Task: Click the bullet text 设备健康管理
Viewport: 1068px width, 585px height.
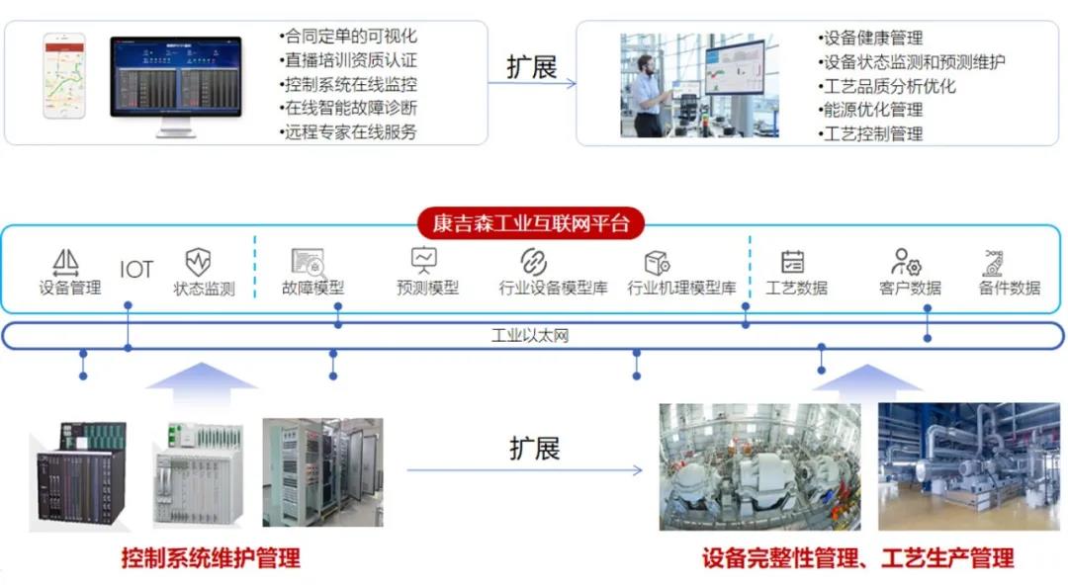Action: [x=871, y=38]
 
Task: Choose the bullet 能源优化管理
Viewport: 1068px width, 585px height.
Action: [x=871, y=109]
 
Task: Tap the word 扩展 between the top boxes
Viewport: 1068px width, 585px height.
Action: [x=532, y=67]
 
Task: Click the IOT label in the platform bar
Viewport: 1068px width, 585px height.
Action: [x=136, y=269]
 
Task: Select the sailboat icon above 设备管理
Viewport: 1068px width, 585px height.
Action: [x=66, y=262]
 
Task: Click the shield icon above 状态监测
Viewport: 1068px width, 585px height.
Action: [x=199, y=262]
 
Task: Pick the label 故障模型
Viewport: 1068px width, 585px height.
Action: [x=312, y=289]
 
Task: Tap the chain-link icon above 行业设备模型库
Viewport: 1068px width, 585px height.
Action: [x=534, y=262]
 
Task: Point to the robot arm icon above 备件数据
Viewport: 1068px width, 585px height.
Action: [x=993, y=262]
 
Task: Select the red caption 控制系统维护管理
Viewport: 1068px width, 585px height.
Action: [x=211, y=558]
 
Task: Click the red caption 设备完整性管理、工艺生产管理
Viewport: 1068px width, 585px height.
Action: [x=858, y=558]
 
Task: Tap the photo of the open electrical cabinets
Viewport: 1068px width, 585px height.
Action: [x=322, y=471]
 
